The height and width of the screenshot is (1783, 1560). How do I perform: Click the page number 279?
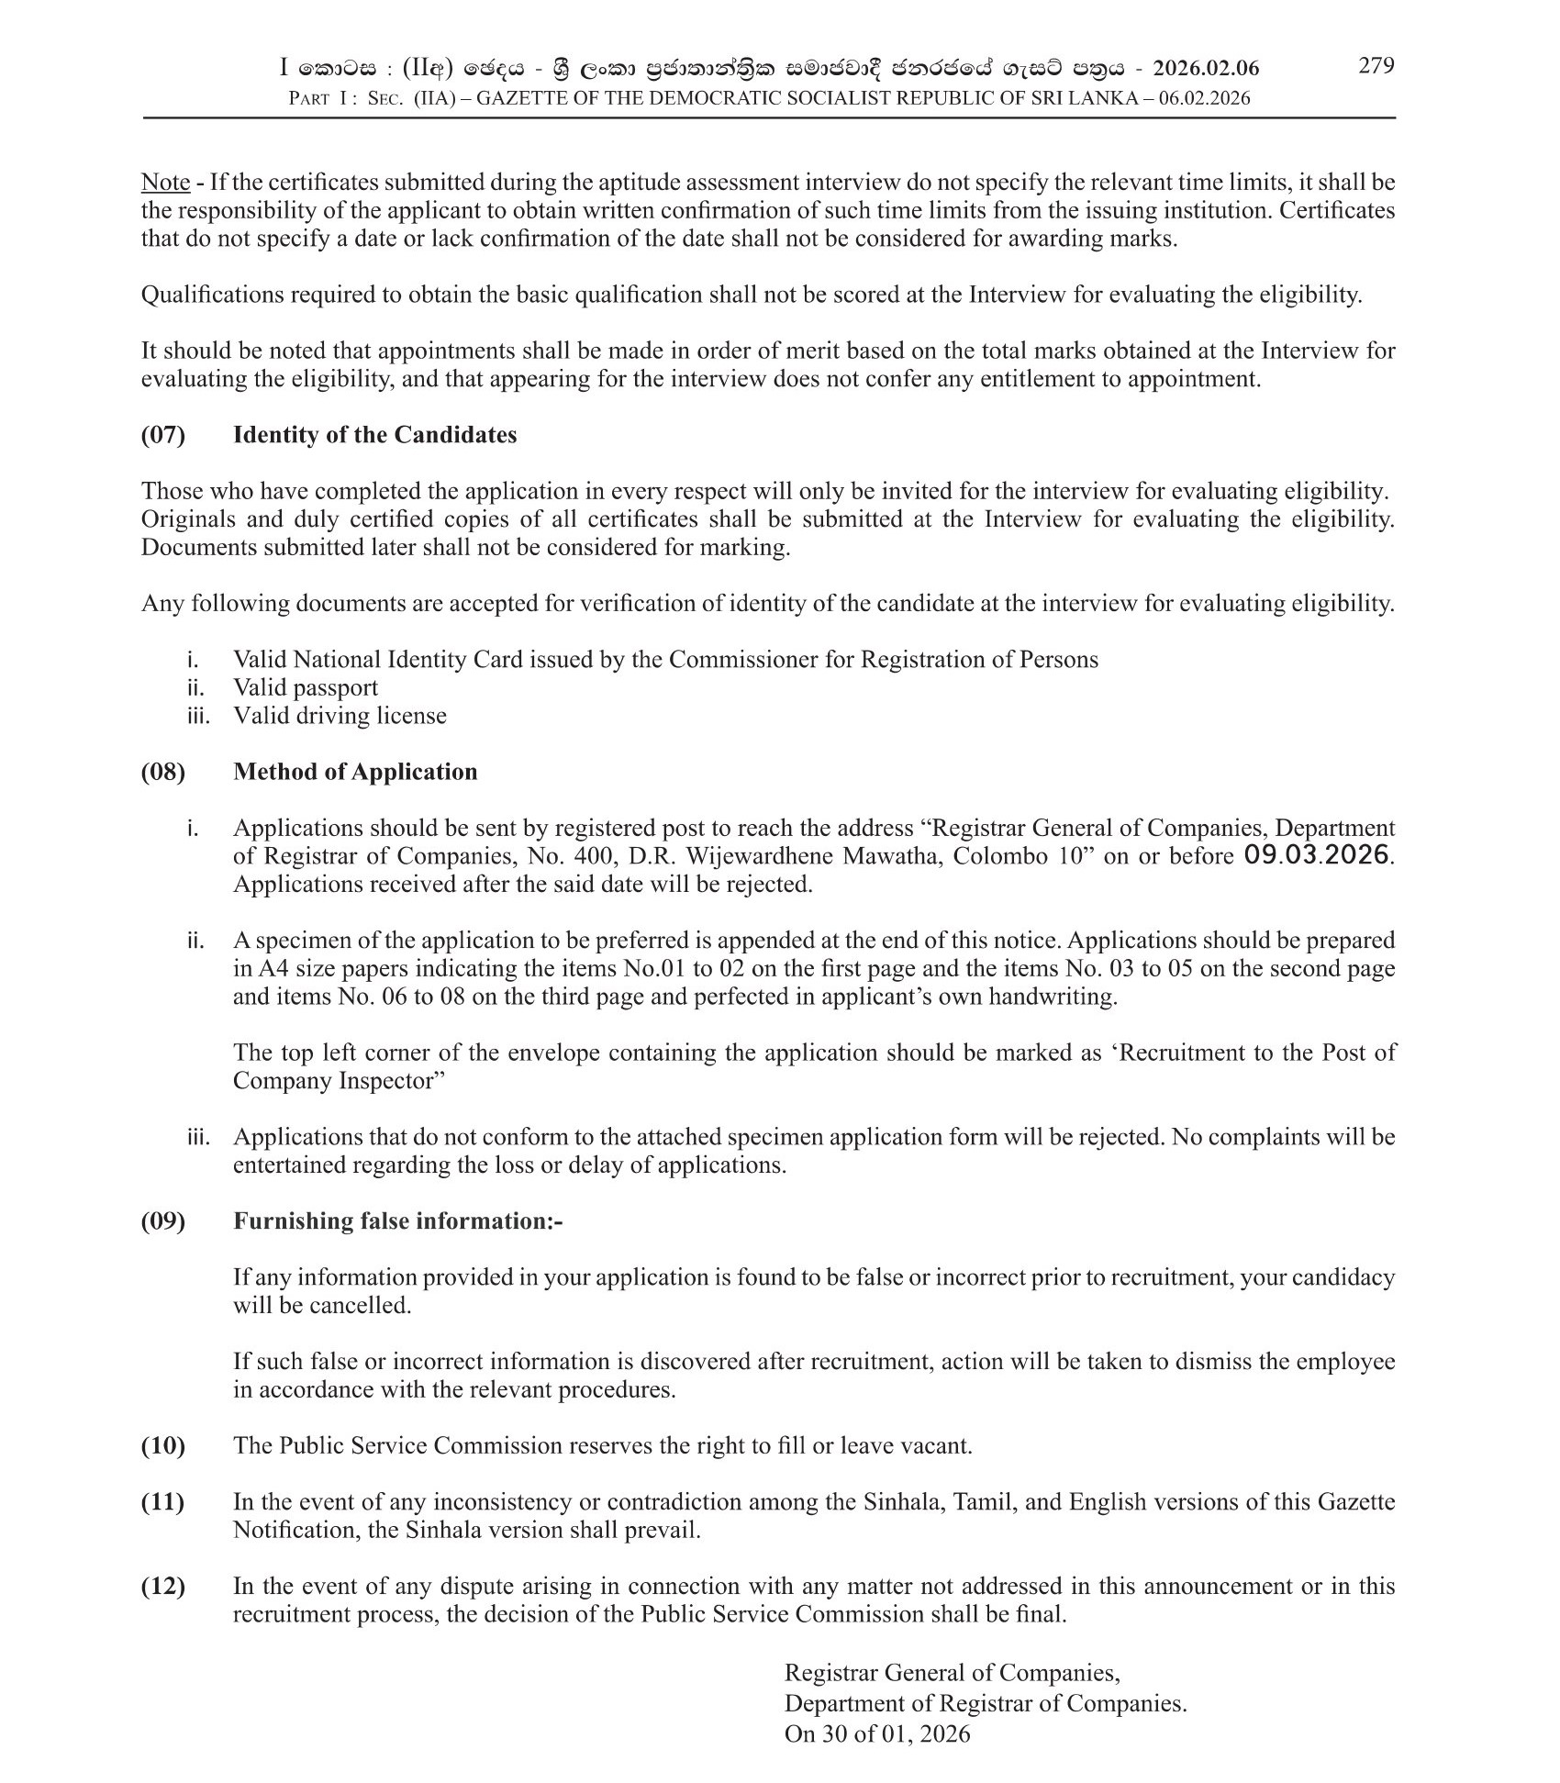pos(1376,65)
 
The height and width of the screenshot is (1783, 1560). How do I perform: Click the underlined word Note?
pos(165,182)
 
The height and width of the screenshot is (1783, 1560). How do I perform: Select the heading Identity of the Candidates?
pos(374,434)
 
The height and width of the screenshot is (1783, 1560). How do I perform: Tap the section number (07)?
pos(162,434)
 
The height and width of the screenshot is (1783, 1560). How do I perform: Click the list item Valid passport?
pos(305,687)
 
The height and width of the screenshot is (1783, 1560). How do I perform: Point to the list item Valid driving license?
pos(340,715)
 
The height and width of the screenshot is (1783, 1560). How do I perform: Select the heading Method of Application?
pos(355,771)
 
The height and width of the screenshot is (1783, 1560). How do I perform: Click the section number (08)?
pos(162,771)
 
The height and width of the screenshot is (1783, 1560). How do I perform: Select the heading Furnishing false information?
pos(396,1220)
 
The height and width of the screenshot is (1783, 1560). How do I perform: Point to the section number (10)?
pos(162,1445)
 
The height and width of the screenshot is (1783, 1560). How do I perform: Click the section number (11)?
pos(162,1502)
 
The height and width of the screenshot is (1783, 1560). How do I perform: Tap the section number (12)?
pos(162,1586)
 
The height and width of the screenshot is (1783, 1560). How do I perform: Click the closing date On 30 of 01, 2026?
pos(876,1733)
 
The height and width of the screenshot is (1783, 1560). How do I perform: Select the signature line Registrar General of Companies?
pos(952,1673)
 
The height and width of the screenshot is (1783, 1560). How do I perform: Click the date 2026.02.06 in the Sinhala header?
pos(1206,68)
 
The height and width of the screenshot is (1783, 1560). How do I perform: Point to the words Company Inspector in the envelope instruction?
pos(331,1080)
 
